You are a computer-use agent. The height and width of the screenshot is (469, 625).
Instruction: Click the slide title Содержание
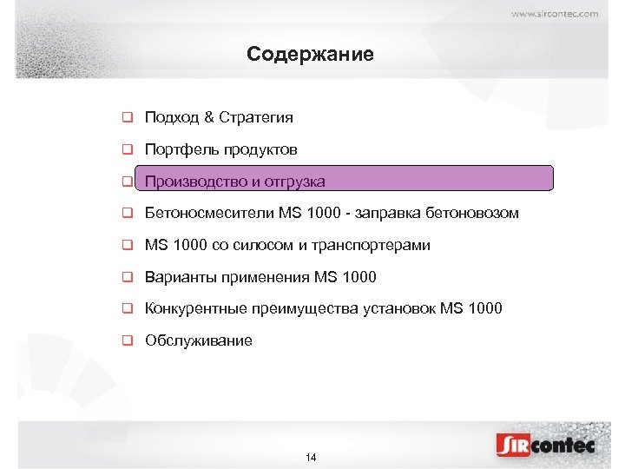coord(310,55)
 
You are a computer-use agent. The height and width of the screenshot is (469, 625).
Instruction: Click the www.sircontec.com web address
coord(554,14)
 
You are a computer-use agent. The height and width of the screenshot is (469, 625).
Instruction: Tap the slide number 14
coord(312,458)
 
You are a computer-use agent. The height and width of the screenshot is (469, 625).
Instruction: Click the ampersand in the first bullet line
coord(209,117)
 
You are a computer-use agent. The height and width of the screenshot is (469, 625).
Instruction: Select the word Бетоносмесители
coord(209,213)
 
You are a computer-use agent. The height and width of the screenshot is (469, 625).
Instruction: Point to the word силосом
coord(266,246)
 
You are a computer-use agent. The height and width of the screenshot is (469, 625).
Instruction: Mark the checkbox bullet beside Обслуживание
coord(127,340)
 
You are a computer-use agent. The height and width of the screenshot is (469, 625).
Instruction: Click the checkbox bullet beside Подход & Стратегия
coord(127,117)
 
